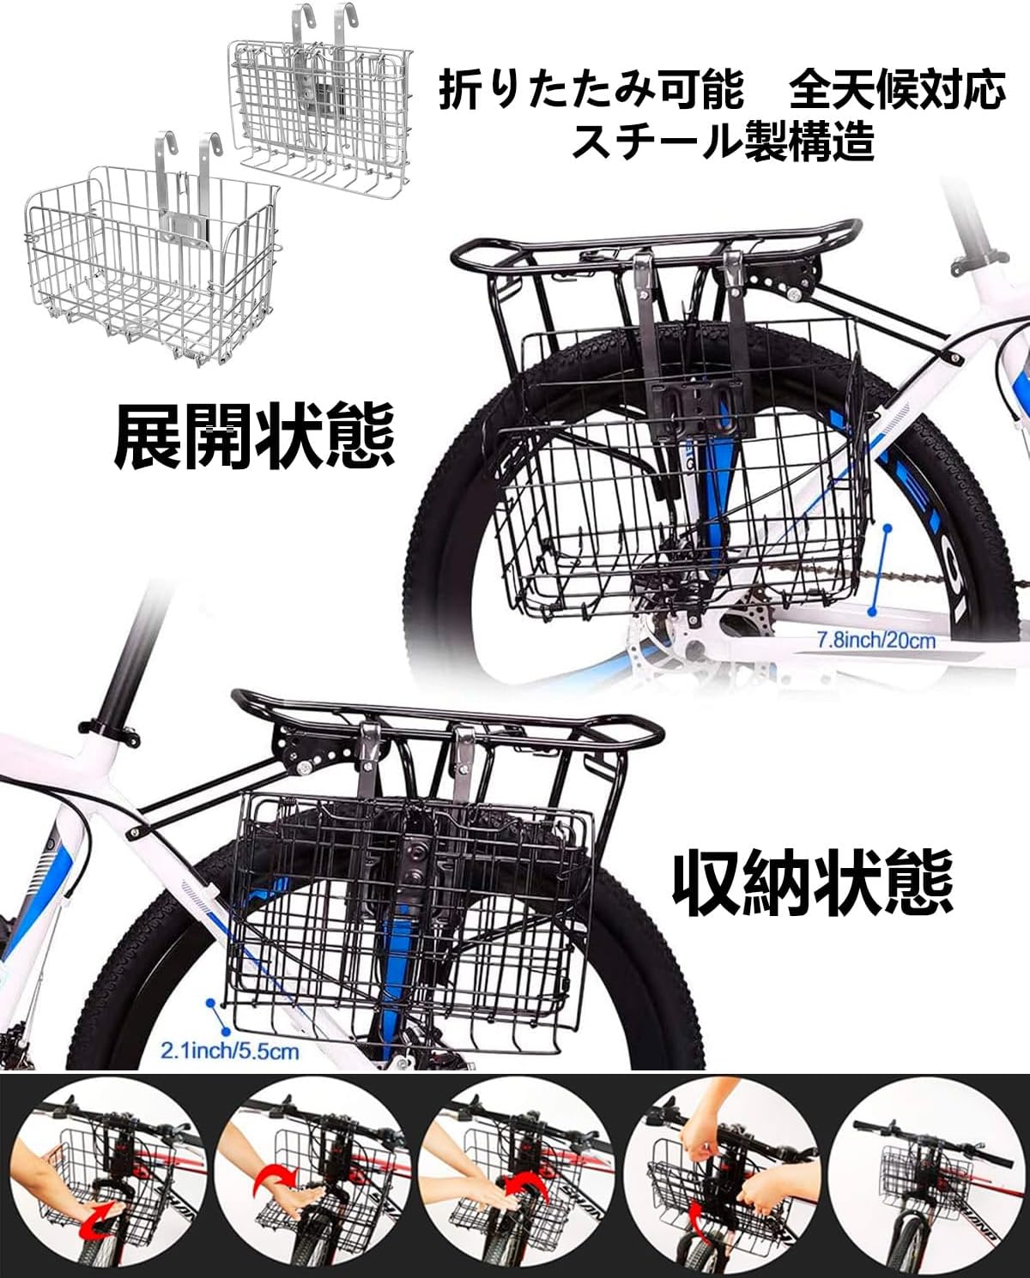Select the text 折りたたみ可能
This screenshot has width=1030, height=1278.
(x=591, y=91)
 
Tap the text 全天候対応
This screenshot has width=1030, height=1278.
(x=897, y=91)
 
